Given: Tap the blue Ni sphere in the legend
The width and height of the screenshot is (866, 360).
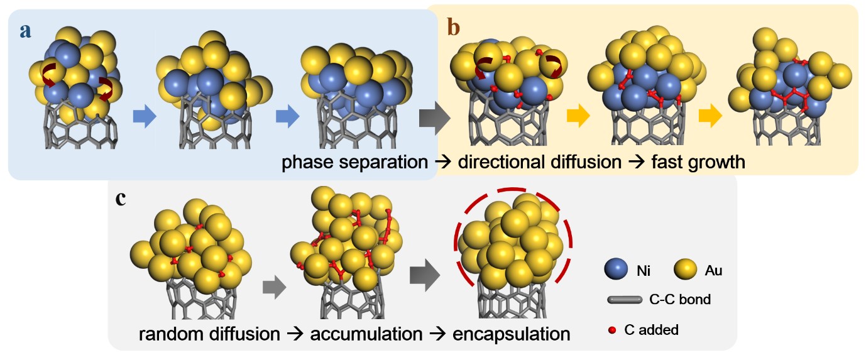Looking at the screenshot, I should click(618, 271).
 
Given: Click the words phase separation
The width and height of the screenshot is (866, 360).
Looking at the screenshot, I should click(354, 162).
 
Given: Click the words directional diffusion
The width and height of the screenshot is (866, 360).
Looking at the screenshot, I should click(540, 162).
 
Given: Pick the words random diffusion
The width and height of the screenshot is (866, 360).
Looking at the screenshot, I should click(209, 334).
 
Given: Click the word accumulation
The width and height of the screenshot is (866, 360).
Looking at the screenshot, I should click(366, 334).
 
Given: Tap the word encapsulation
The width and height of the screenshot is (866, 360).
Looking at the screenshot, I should click(512, 334).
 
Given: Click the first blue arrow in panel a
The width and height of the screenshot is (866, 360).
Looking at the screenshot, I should click(144, 117).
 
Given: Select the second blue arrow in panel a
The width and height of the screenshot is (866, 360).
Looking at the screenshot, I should click(287, 117).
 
